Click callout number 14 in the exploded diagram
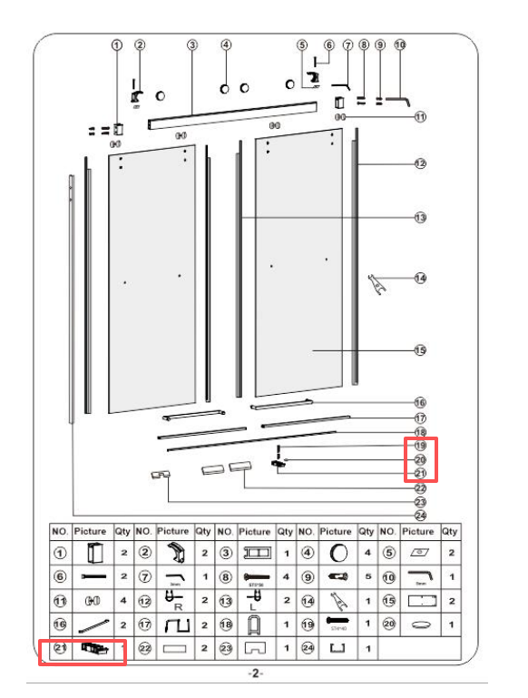tap(420, 278)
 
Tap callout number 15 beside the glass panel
tap(420, 350)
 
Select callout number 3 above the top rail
tap(192, 44)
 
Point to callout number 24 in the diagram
tap(420, 515)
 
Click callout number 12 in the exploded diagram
tap(420, 164)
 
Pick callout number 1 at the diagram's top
tap(116, 44)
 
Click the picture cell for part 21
tap(94, 648)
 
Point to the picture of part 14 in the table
tap(336, 600)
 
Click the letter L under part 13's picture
tap(255, 607)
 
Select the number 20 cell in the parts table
tap(387, 624)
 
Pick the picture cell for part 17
tap(173, 624)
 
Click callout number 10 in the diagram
tap(400, 44)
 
